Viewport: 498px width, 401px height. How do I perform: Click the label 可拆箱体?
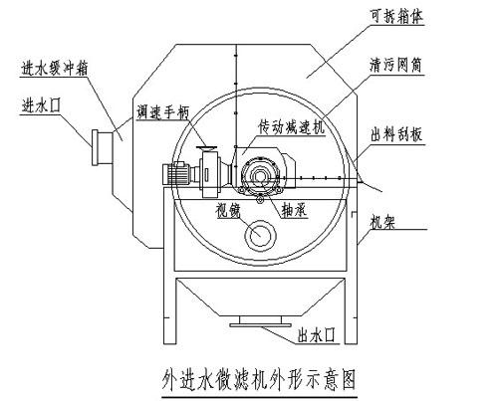tap(396, 17)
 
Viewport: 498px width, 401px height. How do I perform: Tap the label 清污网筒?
tap(395, 65)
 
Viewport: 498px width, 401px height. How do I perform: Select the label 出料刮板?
tap(396, 134)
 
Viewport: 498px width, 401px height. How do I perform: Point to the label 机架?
tap(382, 221)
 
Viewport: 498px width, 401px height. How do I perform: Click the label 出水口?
tap(316, 335)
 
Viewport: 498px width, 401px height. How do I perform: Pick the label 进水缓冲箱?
tap(54, 69)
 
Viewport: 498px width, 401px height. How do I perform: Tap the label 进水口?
tap(41, 106)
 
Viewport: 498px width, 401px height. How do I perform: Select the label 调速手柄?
tap(162, 112)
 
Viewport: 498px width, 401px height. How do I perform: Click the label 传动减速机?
tap(292, 127)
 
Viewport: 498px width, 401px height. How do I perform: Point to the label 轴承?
tap(294, 210)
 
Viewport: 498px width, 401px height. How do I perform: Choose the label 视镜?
tap(228, 210)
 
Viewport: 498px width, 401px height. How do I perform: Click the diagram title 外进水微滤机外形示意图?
tap(259, 379)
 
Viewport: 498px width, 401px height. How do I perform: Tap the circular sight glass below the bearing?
tap(260, 235)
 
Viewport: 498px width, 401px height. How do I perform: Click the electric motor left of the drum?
tap(176, 173)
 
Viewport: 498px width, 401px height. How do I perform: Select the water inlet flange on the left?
tap(95, 147)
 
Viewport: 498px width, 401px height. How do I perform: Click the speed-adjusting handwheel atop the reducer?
tap(206, 148)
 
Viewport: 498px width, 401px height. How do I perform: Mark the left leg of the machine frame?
tap(169, 266)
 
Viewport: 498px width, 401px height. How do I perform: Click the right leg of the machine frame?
tap(352, 266)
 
